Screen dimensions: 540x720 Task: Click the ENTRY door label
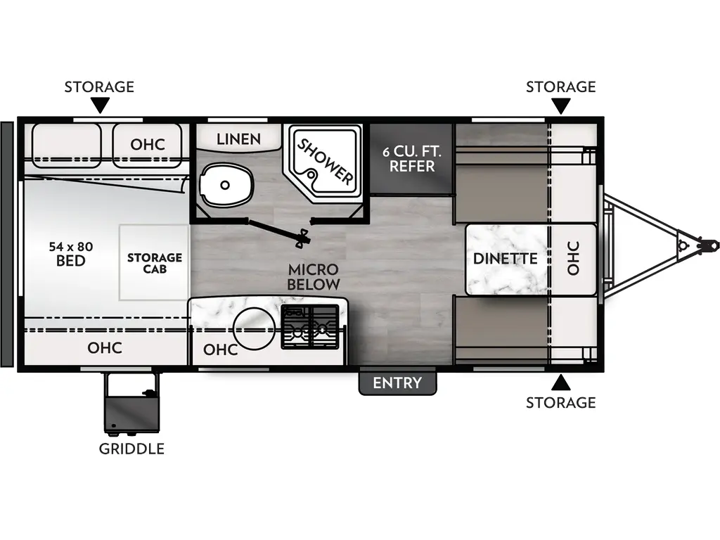point(397,383)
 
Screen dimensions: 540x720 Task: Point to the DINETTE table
point(505,259)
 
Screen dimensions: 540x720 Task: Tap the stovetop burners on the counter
point(313,328)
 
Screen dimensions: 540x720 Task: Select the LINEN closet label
point(238,139)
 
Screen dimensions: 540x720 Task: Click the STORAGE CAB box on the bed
point(154,262)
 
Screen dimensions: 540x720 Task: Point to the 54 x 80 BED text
point(71,254)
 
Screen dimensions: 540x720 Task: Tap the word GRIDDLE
point(131,449)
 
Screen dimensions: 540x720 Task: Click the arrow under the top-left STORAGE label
point(100,105)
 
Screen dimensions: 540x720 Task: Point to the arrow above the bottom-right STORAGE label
point(560,382)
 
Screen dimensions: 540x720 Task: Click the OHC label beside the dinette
point(572,258)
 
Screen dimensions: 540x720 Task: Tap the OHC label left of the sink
point(221,349)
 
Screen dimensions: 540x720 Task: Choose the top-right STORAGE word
point(560,86)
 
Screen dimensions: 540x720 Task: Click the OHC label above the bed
point(148,144)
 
